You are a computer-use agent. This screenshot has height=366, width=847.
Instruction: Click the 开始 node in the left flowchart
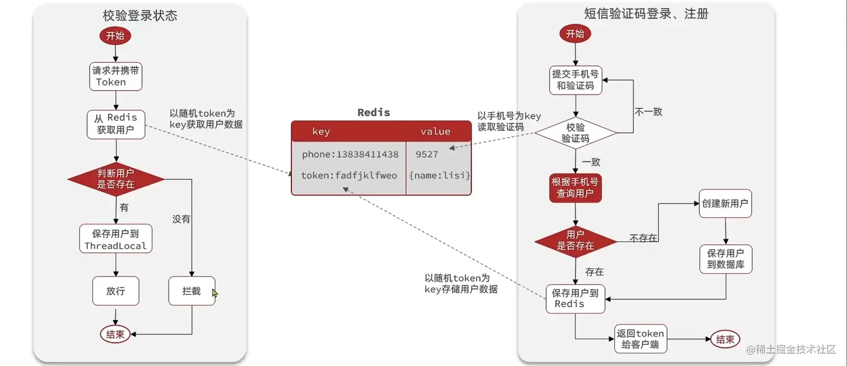115,36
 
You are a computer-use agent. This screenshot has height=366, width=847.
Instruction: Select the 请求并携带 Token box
115,76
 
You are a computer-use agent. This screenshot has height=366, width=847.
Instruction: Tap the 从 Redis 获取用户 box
115,124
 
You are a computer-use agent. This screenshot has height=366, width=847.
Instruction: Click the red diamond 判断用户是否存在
116,179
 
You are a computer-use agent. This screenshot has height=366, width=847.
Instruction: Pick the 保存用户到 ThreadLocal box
115,239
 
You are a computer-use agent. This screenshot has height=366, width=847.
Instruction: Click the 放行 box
115,291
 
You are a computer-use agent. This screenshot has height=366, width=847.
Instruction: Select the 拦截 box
192,291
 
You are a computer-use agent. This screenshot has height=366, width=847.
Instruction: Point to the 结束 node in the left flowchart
115,335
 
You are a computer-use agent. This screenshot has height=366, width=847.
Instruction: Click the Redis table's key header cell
321,132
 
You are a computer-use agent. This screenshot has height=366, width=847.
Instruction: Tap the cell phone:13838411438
350,154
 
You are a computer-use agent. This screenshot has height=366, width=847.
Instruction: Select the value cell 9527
427,154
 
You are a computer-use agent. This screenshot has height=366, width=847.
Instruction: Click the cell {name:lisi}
439,176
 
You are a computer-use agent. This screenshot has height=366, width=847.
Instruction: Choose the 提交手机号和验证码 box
575,80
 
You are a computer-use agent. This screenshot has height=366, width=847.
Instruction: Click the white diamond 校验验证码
575,133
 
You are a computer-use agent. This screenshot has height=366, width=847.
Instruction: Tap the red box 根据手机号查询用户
575,187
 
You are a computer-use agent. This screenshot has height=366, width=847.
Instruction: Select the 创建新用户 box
725,204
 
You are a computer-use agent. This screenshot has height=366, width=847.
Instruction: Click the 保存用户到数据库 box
725,259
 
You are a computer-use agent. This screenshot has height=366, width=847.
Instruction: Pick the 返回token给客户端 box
640,339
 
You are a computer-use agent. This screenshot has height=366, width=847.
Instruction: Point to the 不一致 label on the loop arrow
648,112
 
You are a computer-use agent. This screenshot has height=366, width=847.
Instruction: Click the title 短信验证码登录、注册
646,14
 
